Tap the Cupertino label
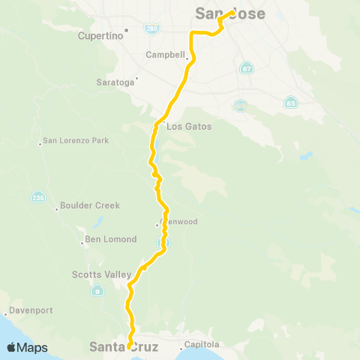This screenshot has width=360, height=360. (102, 35)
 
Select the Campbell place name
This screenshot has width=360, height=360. (165, 55)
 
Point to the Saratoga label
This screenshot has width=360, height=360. (115, 82)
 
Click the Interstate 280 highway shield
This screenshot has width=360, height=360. (152, 28)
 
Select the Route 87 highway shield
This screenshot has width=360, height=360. (247, 69)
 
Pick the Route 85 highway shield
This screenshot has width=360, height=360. (290, 103)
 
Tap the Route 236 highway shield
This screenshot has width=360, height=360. (37, 197)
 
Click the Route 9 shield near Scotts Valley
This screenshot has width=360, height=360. (97, 291)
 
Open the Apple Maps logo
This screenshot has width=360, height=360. (27, 347)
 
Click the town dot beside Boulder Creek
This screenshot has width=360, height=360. (57, 209)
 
